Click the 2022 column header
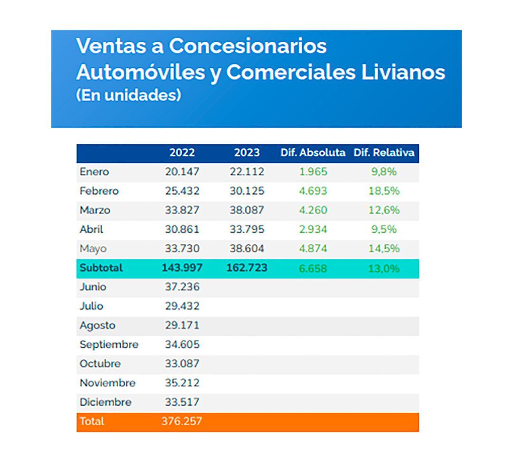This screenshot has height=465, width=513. (x=182, y=153)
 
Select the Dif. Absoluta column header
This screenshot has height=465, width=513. (x=313, y=153)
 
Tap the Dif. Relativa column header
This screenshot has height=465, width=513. (x=384, y=153)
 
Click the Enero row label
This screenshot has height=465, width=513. (x=94, y=172)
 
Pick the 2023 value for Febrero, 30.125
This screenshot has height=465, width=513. (x=247, y=191)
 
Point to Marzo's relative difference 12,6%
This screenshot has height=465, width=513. (x=384, y=210)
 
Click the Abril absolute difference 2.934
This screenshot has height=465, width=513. (x=313, y=230)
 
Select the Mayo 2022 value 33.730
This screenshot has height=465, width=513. (x=182, y=249)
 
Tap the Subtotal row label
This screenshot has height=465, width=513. (x=101, y=268)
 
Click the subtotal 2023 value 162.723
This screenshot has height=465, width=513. (x=247, y=268)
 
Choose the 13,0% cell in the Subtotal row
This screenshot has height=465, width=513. (x=384, y=269)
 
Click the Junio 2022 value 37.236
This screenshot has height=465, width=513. (x=182, y=287)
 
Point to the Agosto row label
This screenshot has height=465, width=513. (x=97, y=325)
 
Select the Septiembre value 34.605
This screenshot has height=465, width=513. (x=182, y=344)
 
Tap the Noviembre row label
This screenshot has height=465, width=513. (x=107, y=383)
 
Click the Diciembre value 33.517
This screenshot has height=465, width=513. (x=182, y=402)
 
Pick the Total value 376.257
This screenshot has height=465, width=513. (x=182, y=421)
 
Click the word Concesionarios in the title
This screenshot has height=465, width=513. (x=248, y=46)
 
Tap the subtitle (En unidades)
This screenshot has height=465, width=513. (x=128, y=95)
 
